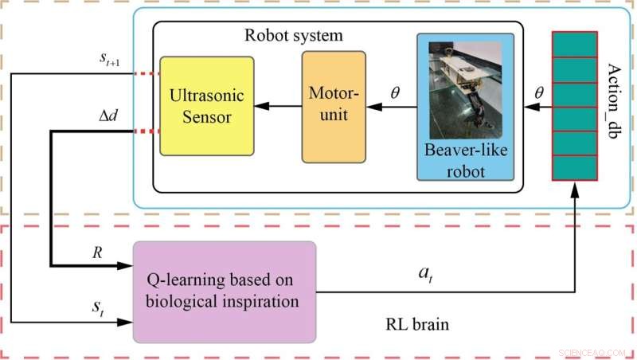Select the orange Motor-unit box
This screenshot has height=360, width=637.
click(x=333, y=107)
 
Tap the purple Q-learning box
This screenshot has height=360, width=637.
click(x=225, y=292)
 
